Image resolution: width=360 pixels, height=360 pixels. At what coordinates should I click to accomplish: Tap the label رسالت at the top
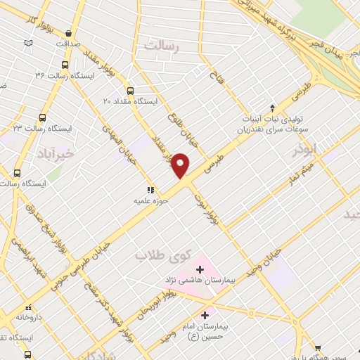[x=162, y=45]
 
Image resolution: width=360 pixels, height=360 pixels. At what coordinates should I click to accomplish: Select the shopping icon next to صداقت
[x=68, y=33]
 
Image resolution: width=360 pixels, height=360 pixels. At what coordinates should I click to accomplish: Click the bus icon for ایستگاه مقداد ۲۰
[x=129, y=90]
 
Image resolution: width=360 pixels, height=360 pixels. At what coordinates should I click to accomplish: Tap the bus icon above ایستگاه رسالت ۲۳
[x=43, y=118]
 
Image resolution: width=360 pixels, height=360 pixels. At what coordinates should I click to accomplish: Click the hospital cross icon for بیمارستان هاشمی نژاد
[x=200, y=269]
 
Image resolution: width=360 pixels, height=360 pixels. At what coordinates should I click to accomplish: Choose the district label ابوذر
[x=307, y=150]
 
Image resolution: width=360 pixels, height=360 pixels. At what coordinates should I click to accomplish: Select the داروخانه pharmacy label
[x=30, y=317]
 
